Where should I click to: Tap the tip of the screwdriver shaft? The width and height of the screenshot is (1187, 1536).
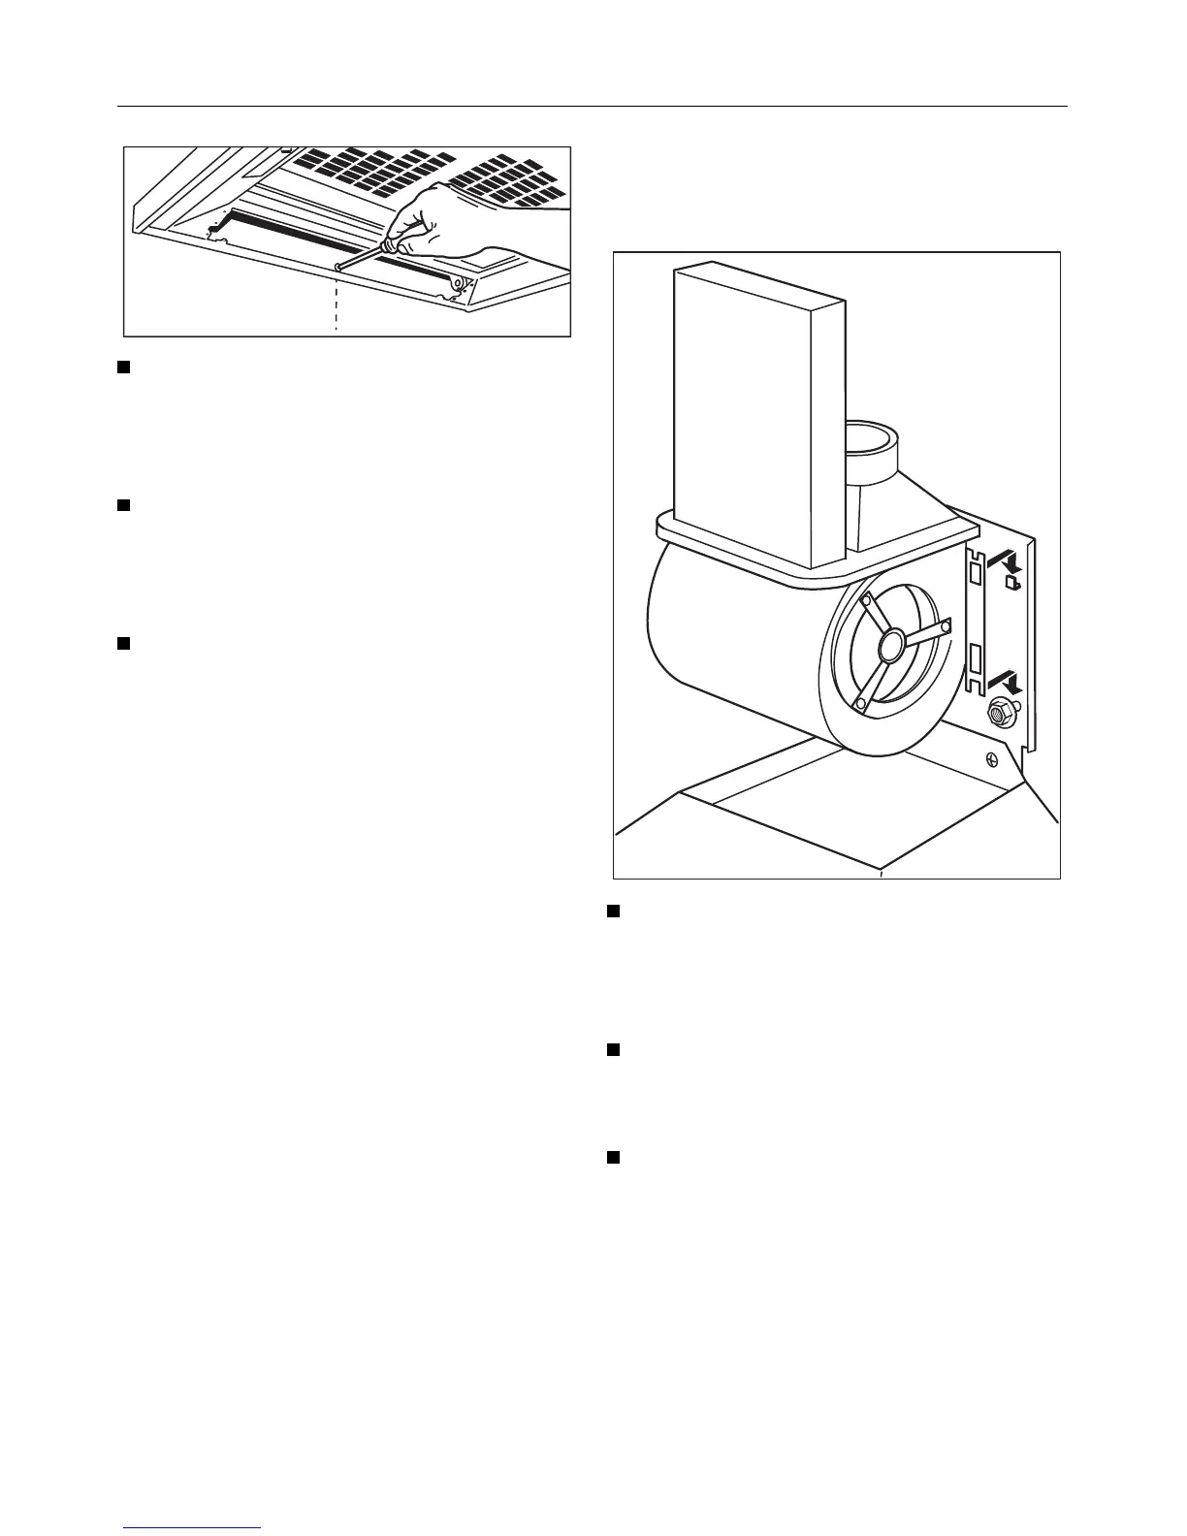pos(336,265)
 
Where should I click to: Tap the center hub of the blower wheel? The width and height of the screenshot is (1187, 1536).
pos(890,640)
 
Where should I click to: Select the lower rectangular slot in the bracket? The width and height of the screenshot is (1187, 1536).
pos(975,663)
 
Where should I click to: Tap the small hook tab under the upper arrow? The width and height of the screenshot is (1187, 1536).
pos(1011,584)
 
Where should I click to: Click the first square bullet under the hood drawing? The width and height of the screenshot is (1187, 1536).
pos(124,367)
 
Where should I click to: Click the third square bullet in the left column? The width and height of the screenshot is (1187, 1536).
pos(124,642)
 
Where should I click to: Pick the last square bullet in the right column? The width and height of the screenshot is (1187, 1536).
pos(613,1157)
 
